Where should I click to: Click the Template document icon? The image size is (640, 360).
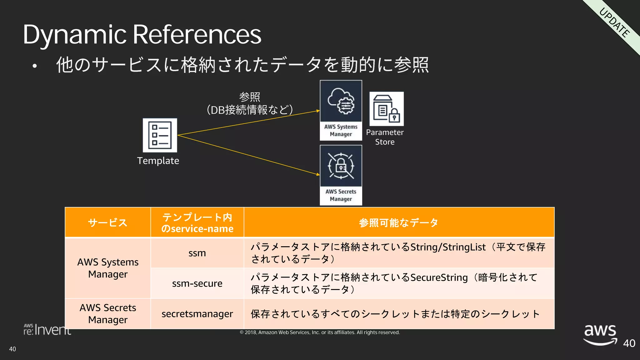point(160,135)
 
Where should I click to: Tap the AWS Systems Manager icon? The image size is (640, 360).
point(341,110)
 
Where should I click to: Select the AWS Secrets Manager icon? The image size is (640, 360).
point(341,175)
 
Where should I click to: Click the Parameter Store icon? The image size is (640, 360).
point(386,109)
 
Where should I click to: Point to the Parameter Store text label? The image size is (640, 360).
point(385,137)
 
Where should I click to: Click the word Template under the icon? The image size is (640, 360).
point(158,161)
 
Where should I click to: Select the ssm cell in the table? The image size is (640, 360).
point(197,253)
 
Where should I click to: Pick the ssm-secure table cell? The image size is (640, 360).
point(197,283)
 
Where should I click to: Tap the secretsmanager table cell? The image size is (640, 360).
point(197,314)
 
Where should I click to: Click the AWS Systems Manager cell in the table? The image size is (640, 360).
point(108,268)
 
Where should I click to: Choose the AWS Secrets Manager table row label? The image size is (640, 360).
point(108,314)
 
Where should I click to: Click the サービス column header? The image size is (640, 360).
point(108,222)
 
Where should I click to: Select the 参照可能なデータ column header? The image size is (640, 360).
point(399,222)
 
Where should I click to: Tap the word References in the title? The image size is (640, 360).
point(197,34)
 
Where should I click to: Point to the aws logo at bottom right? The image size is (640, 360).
point(600,334)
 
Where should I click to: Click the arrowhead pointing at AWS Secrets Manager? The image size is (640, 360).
point(318,174)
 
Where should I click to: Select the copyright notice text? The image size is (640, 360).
point(320,332)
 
